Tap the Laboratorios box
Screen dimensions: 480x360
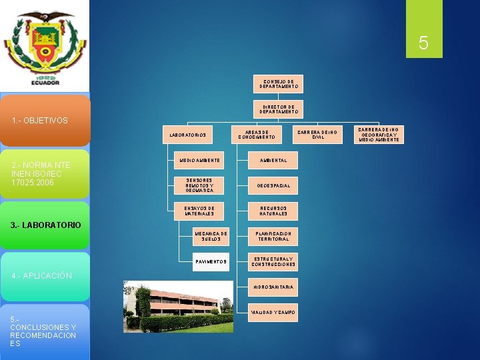(189, 135)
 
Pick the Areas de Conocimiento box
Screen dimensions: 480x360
(257, 135)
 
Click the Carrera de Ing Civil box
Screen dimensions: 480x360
(318, 135)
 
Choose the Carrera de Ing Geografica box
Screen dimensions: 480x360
(379, 135)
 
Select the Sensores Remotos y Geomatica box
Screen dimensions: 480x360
(199, 185)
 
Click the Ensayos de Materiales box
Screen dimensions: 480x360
(199, 211)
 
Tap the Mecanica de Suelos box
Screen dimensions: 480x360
(211, 236)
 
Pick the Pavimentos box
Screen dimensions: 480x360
(211, 261)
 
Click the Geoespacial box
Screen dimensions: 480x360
(273, 185)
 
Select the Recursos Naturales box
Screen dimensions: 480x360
(273, 211)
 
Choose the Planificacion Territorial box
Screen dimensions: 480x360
(273, 236)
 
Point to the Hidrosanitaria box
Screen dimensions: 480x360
(273, 287)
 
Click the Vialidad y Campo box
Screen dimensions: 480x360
(273, 312)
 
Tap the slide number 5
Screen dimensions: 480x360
(423, 43)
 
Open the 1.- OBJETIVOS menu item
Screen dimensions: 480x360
(45, 121)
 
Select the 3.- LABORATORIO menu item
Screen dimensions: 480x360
(45, 225)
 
